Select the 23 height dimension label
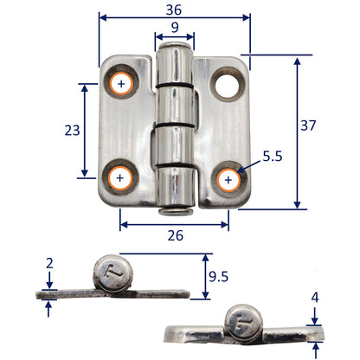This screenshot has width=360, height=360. [72, 130]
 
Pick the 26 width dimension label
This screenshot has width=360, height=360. [174, 235]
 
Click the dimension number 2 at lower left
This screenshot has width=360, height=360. [50, 262]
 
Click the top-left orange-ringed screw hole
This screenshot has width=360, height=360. [121, 84]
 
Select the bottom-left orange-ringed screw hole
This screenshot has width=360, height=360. [119, 178]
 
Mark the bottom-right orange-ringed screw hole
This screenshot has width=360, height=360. [228, 179]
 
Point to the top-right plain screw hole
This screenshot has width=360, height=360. [229, 84]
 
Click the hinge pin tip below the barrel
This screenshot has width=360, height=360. [174, 209]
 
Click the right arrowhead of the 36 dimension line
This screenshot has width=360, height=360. [247, 16]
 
